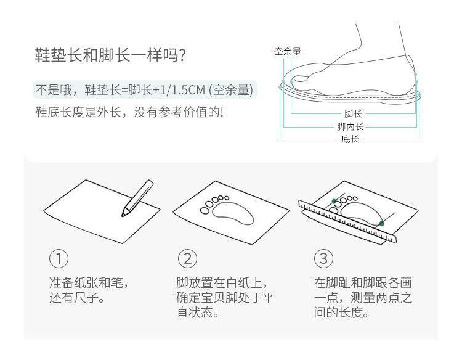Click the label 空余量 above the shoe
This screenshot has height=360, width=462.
(x=287, y=52)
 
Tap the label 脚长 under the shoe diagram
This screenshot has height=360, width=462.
(x=353, y=113)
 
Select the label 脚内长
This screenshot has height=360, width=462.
(x=351, y=126)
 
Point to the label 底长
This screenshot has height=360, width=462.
(x=350, y=139)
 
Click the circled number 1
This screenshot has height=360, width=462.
(x=59, y=258)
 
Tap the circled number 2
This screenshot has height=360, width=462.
(x=187, y=258)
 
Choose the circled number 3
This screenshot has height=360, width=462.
(x=323, y=258)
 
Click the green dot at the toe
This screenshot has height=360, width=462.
(x=334, y=202)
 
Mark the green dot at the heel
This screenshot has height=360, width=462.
(x=381, y=224)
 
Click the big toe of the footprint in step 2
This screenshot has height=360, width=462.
(x=205, y=211)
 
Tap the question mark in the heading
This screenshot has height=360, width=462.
(x=182, y=55)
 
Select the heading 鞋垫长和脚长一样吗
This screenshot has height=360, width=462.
(x=107, y=55)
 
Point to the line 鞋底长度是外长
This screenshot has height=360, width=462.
(x=78, y=112)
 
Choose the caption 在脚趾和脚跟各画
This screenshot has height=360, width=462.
(x=363, y=283)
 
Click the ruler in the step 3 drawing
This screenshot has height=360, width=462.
(x=347, y=221)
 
